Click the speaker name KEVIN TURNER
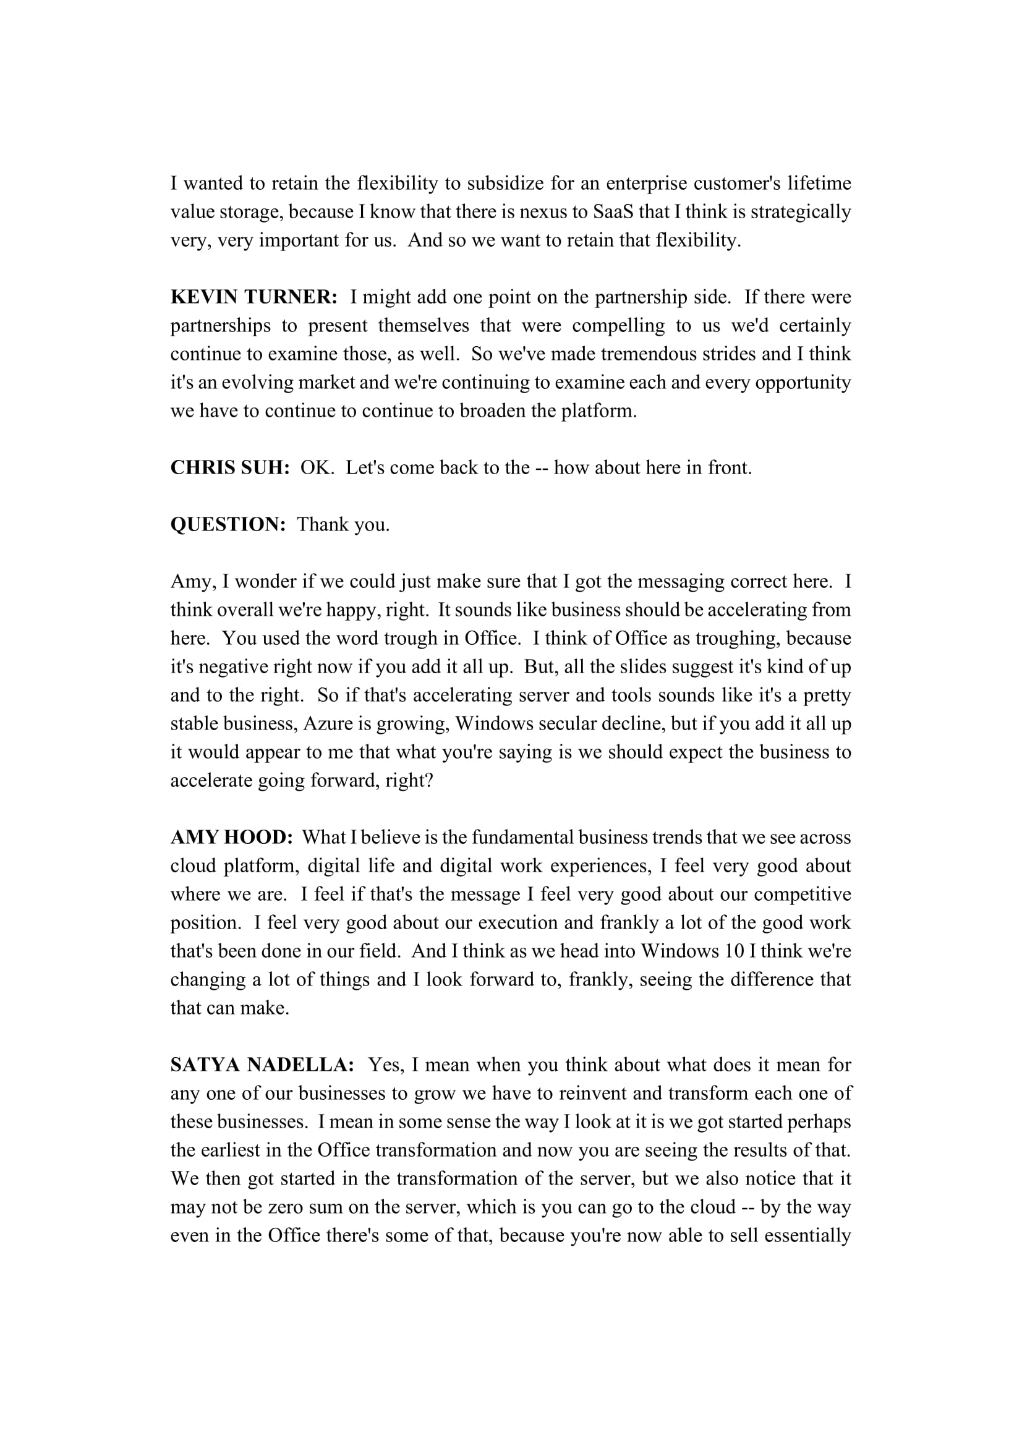point(254,297)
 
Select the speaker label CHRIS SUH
point(230,467)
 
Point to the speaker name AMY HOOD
point(232,837)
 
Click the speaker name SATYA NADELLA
point(263,1065)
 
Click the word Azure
point(328,724)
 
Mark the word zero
point(286,1207)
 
